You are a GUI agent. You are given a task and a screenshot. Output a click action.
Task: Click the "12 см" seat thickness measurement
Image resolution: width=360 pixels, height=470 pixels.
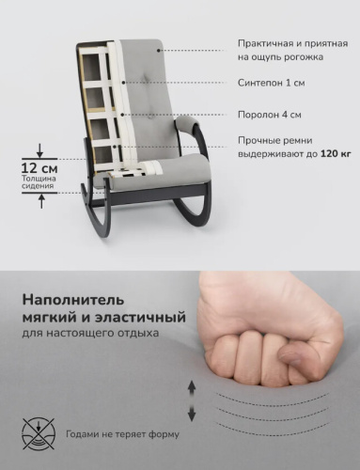click(40, 166)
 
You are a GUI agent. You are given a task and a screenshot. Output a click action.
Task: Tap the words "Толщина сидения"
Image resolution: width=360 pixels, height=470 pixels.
click(40, 182)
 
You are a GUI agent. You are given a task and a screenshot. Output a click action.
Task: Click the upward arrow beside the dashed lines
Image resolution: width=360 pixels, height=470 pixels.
click(193, 386)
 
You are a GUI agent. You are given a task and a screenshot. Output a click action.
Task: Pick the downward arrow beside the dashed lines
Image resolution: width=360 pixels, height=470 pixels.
click(193, 414)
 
